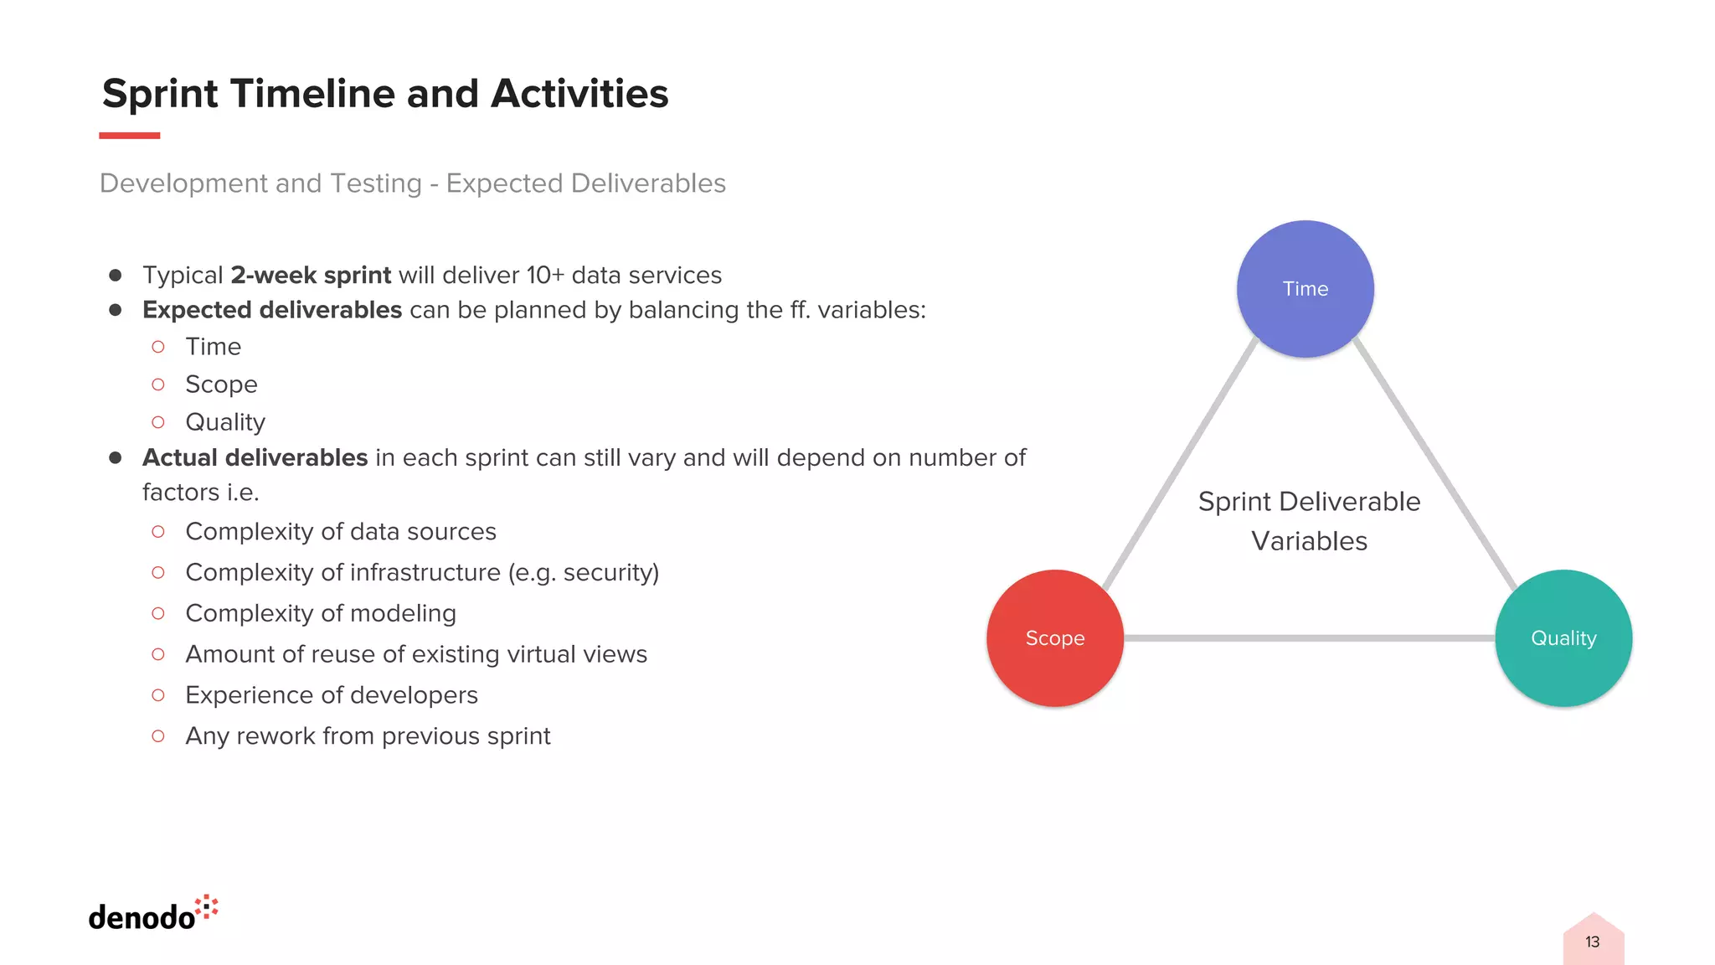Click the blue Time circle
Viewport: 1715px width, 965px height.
1305,289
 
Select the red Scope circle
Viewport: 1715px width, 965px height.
1054,638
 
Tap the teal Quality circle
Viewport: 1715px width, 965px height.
1563,638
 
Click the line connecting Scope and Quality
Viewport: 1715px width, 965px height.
1309,638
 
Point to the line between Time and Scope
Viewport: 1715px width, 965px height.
1181,464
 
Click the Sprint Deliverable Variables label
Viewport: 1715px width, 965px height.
1309,521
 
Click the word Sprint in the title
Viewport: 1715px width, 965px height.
160,94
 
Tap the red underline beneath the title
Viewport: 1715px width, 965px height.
129,135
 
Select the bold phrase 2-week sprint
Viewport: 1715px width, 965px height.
311,276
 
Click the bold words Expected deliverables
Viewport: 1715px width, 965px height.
272,310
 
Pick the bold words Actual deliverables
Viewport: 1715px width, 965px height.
255,458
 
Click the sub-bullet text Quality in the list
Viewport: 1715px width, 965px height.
225,422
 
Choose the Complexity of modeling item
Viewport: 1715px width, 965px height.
321,613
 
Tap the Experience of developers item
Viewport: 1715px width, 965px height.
332,695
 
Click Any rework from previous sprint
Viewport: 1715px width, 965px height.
368,736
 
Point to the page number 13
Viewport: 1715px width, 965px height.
1592,942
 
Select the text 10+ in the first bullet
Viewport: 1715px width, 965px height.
545,276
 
